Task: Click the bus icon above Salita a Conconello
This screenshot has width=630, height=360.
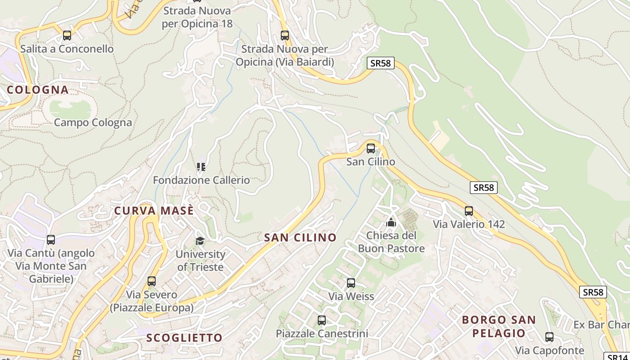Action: pyautogui.click(x=67, y=35)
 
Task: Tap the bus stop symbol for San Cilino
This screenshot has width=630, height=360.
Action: pyautogui.click(x=371, y=148)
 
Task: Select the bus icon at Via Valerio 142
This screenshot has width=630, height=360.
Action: pyautogui.click(x=469, y=211)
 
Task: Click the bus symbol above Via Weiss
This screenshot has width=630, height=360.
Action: pyautogui.click(x=351, y=283)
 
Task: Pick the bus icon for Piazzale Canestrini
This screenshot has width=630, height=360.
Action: pyautogui.click(x=322, y=320)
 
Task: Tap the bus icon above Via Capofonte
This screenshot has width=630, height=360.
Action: pyautogui.click(x=549, y=337)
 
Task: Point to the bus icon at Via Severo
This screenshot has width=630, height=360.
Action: pyautogui.click(x=152, y=281)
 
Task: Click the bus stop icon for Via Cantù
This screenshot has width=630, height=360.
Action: pyautogui.click(x=51, y=240)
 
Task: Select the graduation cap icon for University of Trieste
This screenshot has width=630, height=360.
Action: pyautogui.click(x=200, y=241)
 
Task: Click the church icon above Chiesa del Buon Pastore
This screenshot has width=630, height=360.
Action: pyautogui.click(x=391, y=222)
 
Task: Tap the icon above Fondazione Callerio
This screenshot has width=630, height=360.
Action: pyautogui.click(x=201, y=167)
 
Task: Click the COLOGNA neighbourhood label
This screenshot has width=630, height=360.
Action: pyautogui.click(x=38, y=90)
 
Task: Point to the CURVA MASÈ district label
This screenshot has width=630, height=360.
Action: pyautogui.click(x=154, y=211)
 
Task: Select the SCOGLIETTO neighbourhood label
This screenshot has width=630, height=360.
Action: pyautogui.click(x=184, y=337)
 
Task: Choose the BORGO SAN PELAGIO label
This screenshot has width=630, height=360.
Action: pyautogui.click(x=499, y=326)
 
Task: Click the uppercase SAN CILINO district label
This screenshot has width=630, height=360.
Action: pyautogui.click(x=300, y=237)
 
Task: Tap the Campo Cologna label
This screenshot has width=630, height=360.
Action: pyautogui.click(x=93, y=122)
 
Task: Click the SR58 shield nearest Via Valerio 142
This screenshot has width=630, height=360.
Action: pyautogui.click(x=484, y=188)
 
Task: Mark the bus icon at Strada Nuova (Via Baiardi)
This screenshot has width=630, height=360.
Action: pyautogui.click(x=284, y=35)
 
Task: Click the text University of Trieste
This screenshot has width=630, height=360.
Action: pyautogui.click(x=200, y=261)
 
